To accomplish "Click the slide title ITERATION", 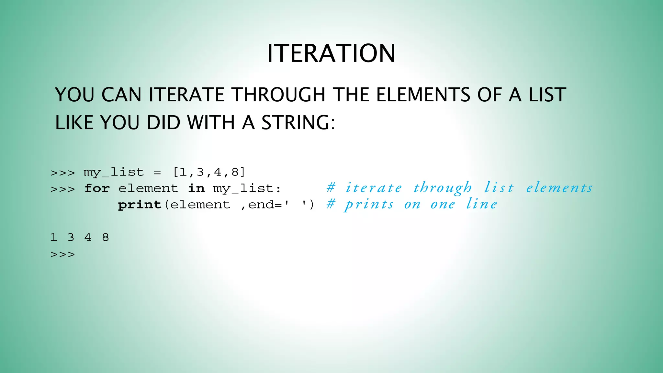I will pos(331,53).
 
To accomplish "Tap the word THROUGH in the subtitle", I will pos(279,95).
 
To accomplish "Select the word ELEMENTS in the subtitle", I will pos(423,95).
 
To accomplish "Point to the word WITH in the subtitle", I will pos(211,123).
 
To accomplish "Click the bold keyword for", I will pos(97,188).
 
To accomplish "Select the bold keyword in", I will pos(196,188).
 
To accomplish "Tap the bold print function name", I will pos(140,205).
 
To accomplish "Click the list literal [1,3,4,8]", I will pos(209,172).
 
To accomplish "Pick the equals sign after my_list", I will pos(157,173).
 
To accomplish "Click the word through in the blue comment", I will pos(443,188).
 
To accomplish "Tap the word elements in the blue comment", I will pos(559,188).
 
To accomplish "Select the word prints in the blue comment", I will pos(369,204).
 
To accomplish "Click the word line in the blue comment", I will pos(481,204).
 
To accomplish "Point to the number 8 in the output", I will pos(106,237).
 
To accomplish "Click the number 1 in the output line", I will pos(53,237).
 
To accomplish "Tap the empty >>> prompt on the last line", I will pos(62,254).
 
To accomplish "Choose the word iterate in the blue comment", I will pos(374,188).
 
